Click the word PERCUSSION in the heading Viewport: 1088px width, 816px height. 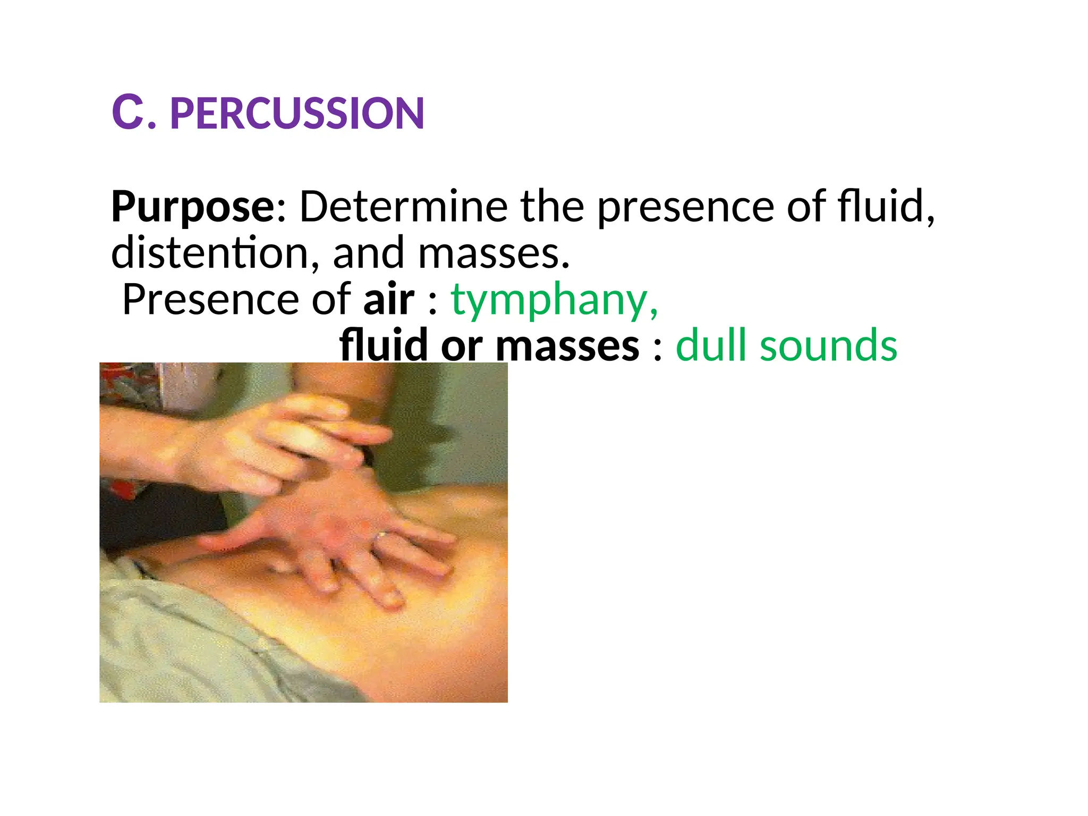(297, 114)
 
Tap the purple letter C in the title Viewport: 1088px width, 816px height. (127, 113)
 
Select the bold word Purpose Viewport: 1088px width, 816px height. (192, 207)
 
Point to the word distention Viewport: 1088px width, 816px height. (209, 253)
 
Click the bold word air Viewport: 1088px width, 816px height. (388, 300)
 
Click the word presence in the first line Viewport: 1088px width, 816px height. (686, 207)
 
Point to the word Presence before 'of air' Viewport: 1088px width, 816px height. (211, 300)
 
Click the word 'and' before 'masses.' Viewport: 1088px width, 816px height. (368, 253)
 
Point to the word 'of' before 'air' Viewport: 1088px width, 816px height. (331, 300)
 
